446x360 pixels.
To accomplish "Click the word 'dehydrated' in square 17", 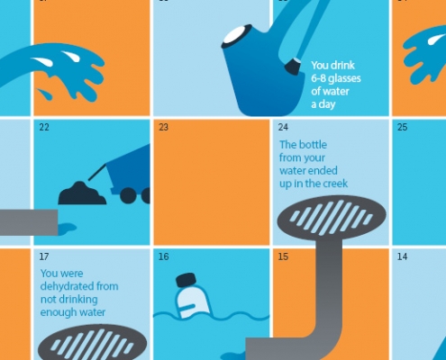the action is pos(63,286).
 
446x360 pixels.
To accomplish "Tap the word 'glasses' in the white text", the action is pos(344,79).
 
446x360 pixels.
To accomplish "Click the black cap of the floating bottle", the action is pos(187,280).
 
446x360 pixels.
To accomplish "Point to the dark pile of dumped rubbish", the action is pos(82,193).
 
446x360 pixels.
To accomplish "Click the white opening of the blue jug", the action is pos(238,35).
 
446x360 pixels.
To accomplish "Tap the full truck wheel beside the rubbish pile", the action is pos(128,195).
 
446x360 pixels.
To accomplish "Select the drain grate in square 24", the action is pos(332,217).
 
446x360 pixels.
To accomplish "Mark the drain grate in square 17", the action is pos(93,343).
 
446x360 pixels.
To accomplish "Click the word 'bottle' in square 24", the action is pos(313,145).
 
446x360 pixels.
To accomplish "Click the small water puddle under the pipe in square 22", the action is pos(67,229).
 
